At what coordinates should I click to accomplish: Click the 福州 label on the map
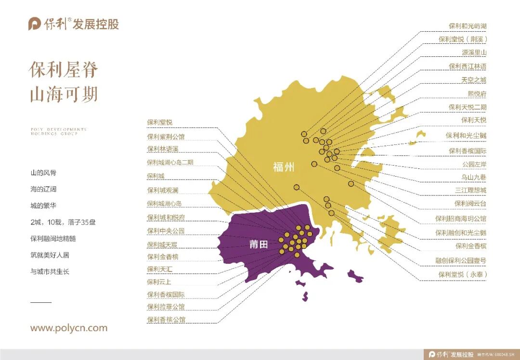tap(283, 167)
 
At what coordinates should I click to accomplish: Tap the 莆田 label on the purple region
tap(258, 244)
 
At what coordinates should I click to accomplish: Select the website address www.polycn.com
tap(69, 328)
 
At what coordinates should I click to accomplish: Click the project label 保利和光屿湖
tap(467, 26)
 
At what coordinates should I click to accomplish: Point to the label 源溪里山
tap(474, 52)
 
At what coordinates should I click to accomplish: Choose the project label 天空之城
tap(474, 80)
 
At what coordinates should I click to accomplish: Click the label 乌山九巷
tap(474, 178)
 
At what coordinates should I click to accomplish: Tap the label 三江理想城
tap(470, 190)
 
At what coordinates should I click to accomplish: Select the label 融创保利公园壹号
tap(460, 261)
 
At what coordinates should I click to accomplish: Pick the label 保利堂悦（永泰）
tap(462, 275)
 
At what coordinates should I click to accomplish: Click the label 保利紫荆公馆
tap(166, 137)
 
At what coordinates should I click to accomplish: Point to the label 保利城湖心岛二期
tap(170, 163)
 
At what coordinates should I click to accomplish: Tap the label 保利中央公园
tap(166, 231)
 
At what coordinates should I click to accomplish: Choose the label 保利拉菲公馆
tap(166, 307)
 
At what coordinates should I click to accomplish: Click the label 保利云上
tap(159, 282)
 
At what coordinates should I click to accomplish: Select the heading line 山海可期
tap(64, 94)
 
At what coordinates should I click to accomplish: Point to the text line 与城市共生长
tap(50, 271)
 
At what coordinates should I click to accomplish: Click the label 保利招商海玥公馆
tap(461, 219)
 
